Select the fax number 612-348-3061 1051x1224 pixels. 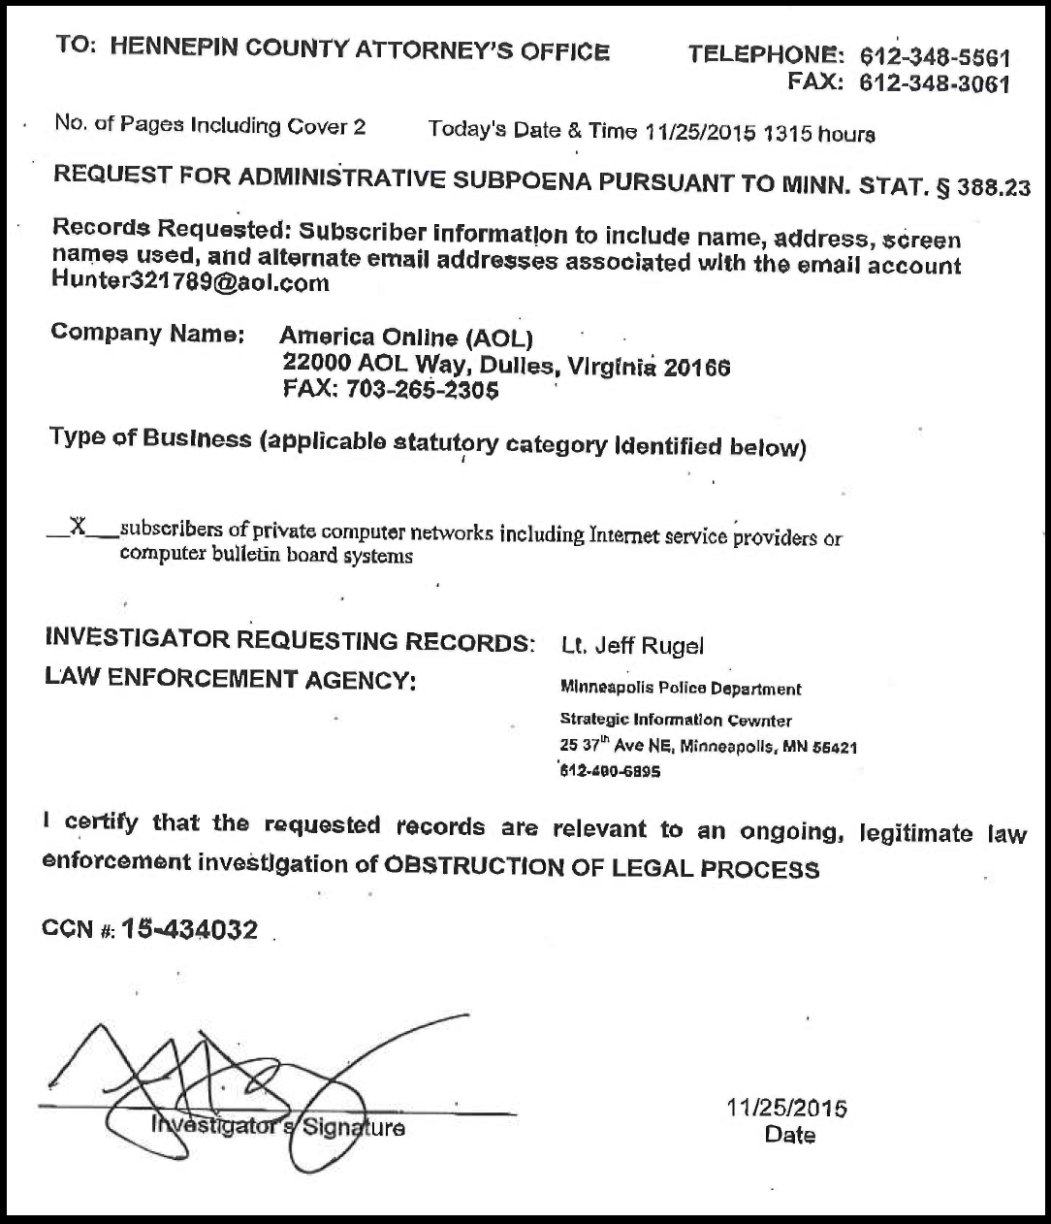pos(935,83)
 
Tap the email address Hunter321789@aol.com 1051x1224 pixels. pos(190,283)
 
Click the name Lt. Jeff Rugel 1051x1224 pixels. pos(632,645)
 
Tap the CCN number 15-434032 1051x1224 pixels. pos(190,930)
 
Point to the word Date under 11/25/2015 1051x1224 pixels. pos(789,1135)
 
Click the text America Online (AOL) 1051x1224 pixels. pos(406,338)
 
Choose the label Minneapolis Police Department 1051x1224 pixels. pos(681,689)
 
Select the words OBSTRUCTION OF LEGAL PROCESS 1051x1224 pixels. pos(601,868)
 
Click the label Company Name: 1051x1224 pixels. pos(145,334)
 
